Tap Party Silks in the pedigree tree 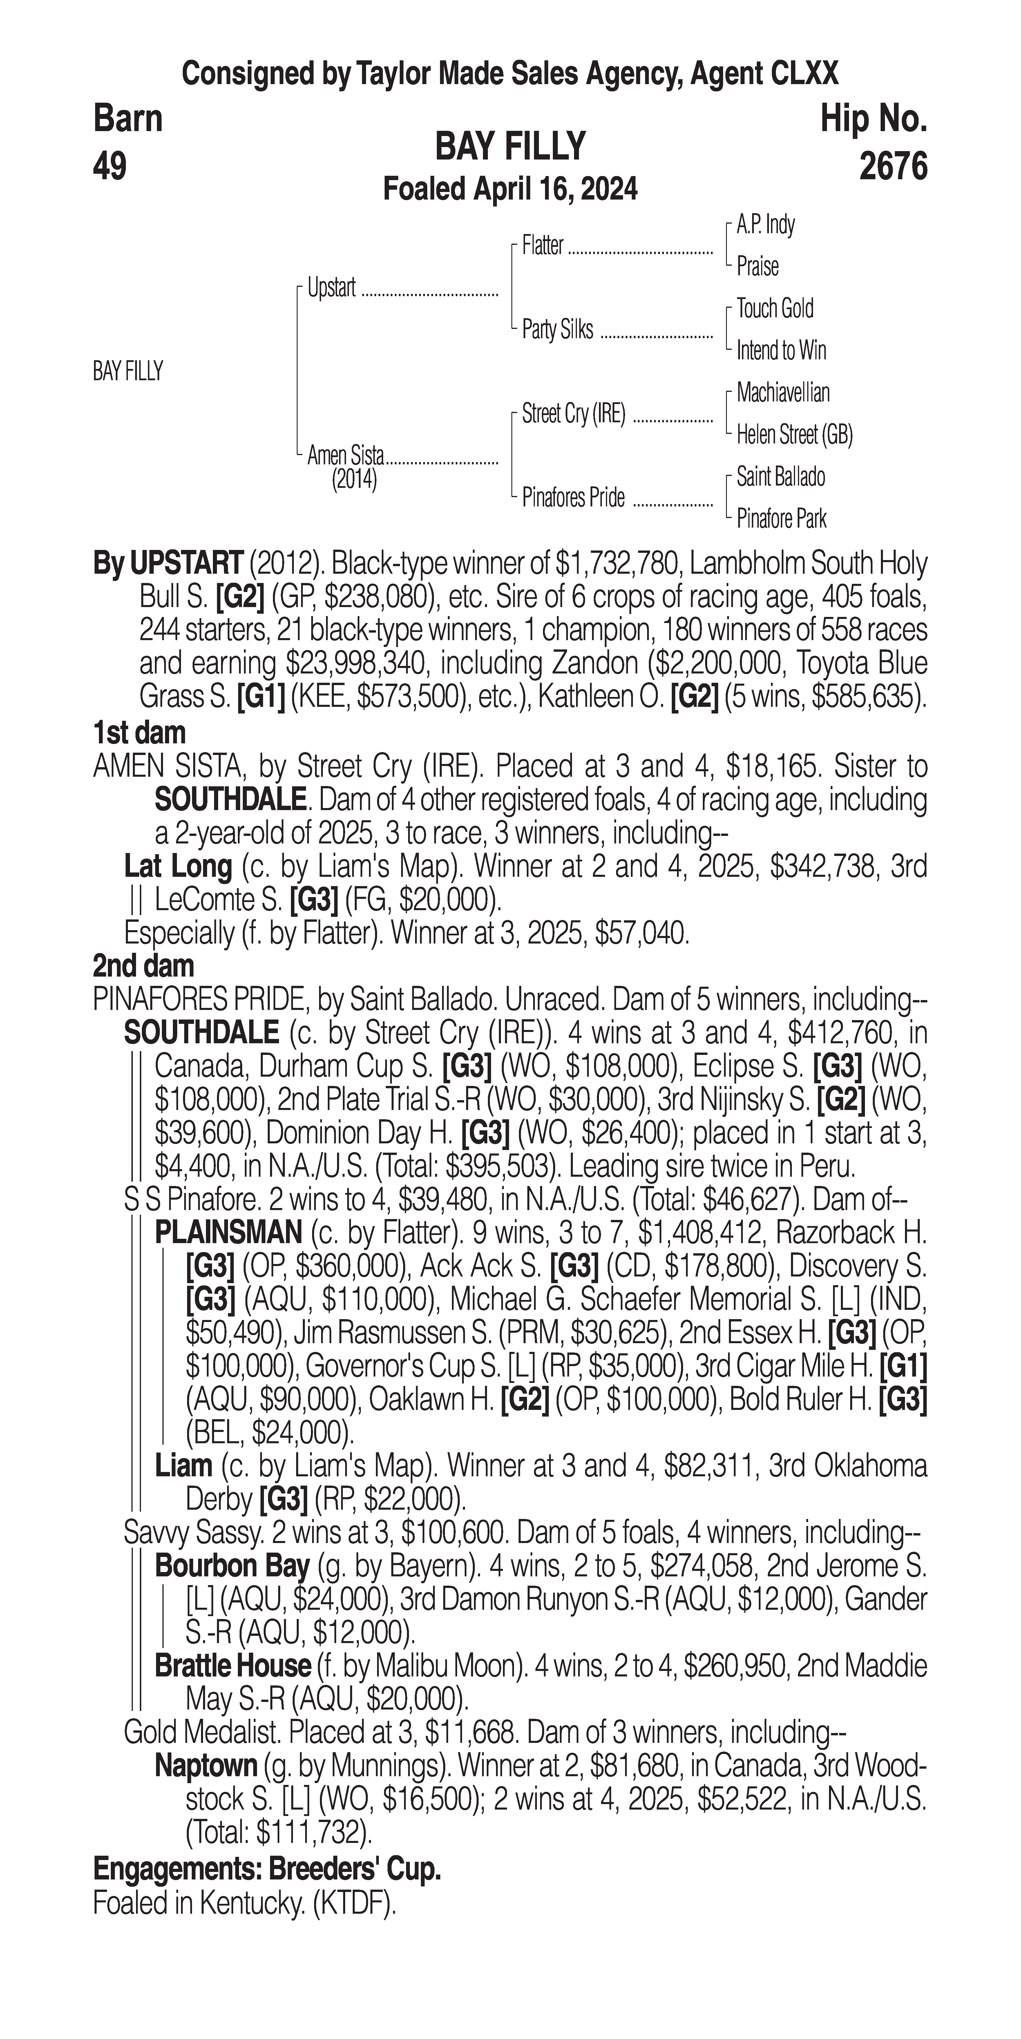coord(557,329)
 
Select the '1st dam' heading coord(139,733)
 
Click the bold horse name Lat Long coord(178,867)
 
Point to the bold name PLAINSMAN coord(228,1232)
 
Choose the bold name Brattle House coord(233,1666)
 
